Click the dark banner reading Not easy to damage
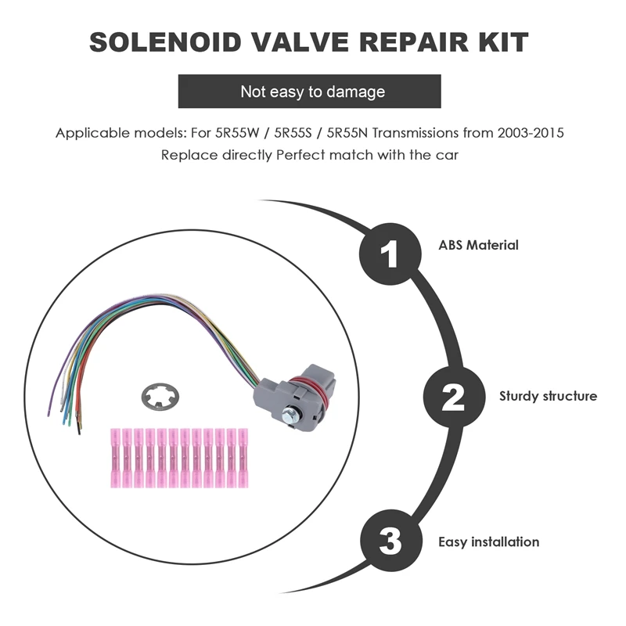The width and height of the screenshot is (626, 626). click(x=312, y=92)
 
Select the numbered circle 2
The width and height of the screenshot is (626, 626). click(x=453, y=397)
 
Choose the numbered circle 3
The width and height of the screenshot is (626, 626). click(x=390, y=541)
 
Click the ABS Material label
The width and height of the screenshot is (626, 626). click(x=478, y=245)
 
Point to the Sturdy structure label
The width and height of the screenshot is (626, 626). click(x=548, y=396)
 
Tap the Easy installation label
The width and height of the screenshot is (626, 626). click(x=488, y=541)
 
